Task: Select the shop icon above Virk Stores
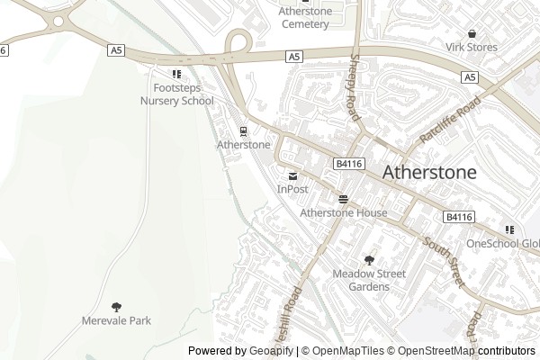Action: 472,33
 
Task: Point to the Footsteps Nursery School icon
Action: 176,74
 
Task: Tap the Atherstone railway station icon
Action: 243,130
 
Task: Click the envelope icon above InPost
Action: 292,175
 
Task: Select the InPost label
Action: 292,189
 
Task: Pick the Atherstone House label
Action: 343,213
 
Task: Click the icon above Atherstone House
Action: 343,198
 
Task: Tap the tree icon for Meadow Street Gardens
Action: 369,259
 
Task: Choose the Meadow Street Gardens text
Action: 369,280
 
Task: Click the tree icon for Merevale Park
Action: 116,306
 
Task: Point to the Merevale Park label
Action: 116,320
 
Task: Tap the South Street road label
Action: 443,263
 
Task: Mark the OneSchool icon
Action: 510,229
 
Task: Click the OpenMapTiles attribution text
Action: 347,351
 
